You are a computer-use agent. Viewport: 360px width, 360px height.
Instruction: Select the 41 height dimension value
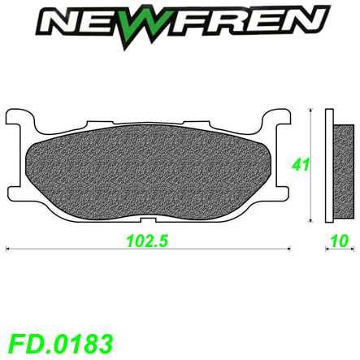point(301,167)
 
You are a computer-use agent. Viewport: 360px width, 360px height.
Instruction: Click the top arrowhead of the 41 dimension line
point(314,111)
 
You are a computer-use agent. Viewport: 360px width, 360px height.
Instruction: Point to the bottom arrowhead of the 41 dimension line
point(314,219)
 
